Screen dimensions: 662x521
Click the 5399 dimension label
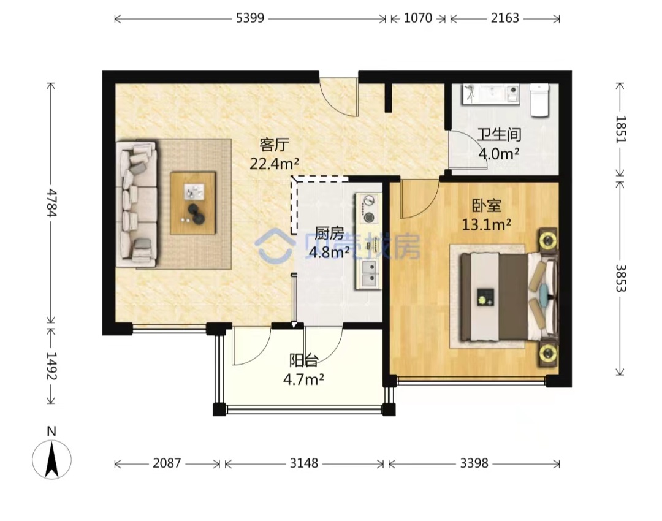[250, 18]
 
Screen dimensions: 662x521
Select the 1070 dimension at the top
[418, 18]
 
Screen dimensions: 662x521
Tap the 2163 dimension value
[504, 18]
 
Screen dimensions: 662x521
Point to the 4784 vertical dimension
[51, 203]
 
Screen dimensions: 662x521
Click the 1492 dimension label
[51, 366]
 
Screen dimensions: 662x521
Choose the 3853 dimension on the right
[620, 278]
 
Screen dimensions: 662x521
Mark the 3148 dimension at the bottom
[303, 463]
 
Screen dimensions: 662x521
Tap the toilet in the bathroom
[539, 100]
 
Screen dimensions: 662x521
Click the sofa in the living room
[136, 205]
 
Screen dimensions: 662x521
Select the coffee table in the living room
[192, 203]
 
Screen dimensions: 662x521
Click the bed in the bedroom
[509, 297]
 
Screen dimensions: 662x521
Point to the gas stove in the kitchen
[368, 208]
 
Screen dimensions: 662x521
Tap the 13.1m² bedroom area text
[486, 224]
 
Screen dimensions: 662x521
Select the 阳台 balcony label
[303, 361]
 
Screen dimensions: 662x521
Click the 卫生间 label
[500, 135]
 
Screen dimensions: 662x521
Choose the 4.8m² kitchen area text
[329, 252]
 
